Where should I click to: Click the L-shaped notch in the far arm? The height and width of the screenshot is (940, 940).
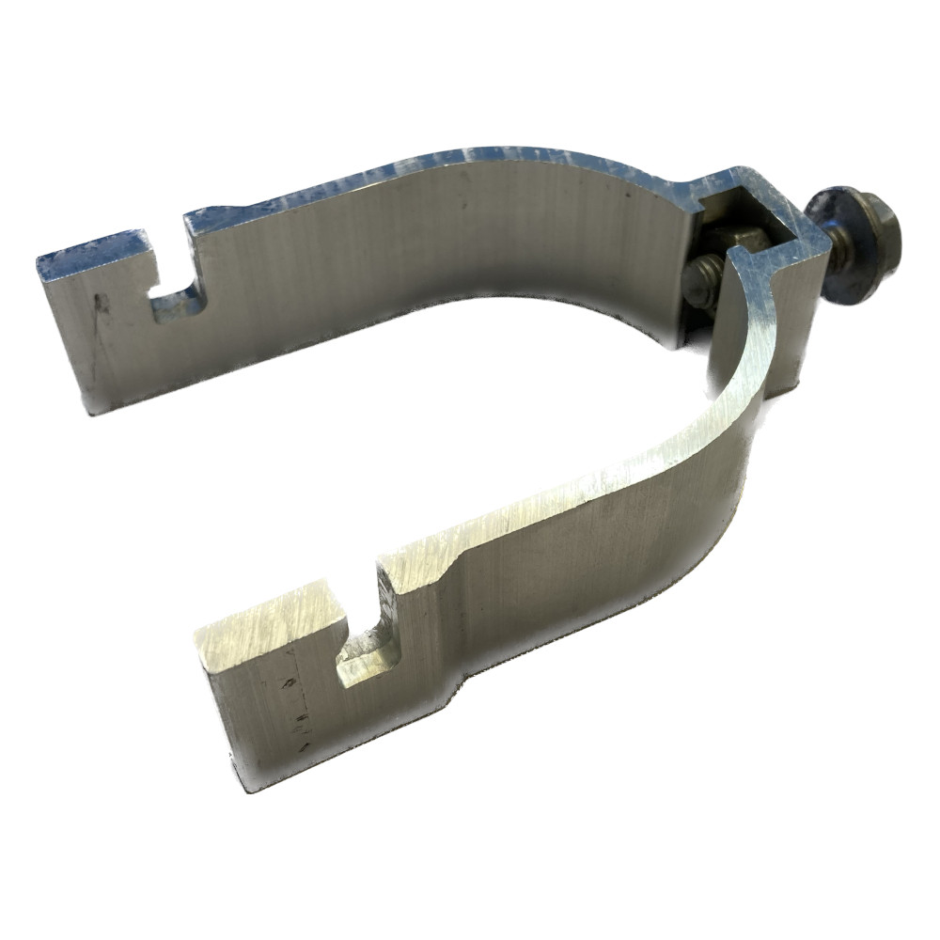(x=179, y=291)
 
